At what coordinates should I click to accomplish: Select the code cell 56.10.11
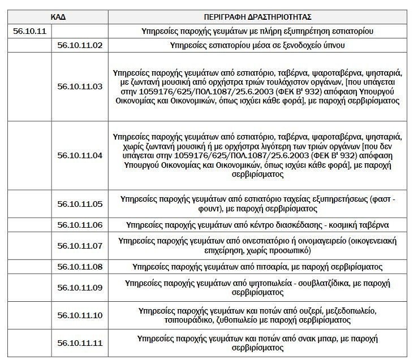coord(29,31)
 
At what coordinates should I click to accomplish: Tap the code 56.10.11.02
coord(80,45)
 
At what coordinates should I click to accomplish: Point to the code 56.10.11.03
coord(80,86)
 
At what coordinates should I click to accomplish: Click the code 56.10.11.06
coord(80,224)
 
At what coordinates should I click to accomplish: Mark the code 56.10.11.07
coord(80,245)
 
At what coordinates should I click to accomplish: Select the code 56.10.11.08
coord(80,266)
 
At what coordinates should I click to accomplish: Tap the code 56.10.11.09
coord(80,288)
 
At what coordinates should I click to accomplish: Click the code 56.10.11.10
coord(80,315)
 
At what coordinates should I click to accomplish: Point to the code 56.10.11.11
coord(80,342)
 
